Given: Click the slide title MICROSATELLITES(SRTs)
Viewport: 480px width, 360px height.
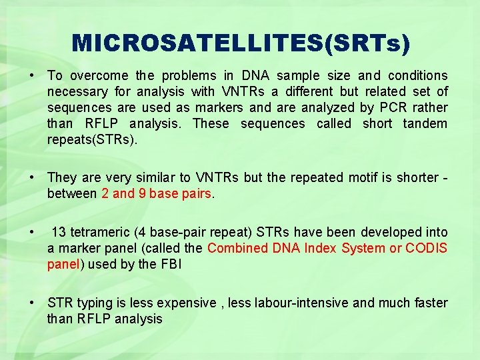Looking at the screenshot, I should click(x=241, y=43).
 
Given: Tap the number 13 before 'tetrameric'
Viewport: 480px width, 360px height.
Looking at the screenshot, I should click(x=59, y=232).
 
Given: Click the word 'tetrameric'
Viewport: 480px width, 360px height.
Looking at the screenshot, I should click(x=99, y=232).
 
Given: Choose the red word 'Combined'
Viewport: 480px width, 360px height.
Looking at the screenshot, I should click(x=236, y=248).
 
